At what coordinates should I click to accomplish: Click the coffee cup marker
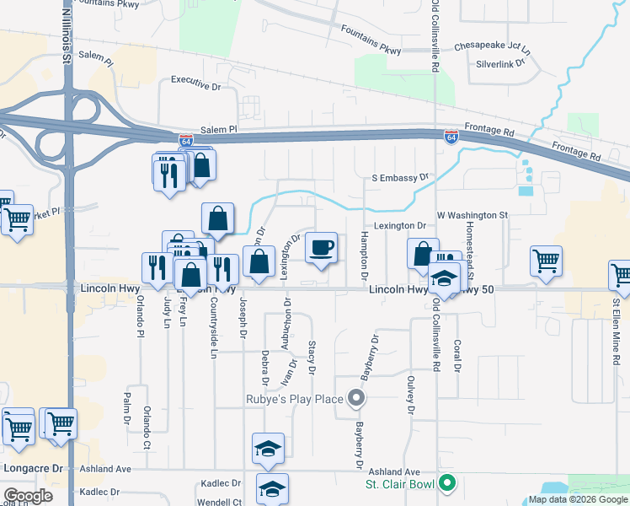pos(321,248)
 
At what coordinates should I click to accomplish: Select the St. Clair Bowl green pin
pos(447,484)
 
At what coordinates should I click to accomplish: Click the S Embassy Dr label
pos(400,178)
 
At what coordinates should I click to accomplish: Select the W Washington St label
pos(472,215)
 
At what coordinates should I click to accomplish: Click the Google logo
pos(28,495)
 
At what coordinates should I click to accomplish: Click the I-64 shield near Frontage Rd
pos(452,135)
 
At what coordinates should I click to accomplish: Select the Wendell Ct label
pos(215,502)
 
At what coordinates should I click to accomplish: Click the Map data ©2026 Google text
pos(578,499)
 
